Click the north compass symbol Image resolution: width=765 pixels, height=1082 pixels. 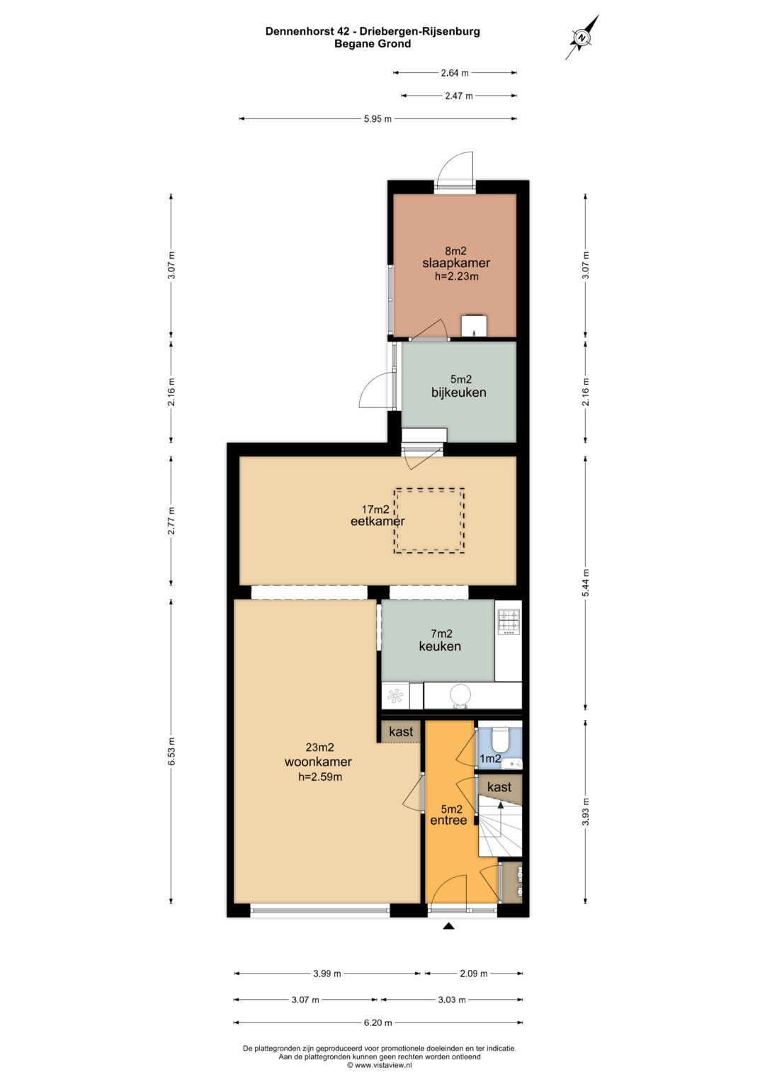(x=582, y=37)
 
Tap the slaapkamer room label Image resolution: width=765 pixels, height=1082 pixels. (x=456, y=264)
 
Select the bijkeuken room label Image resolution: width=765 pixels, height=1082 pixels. (x=458, y=393)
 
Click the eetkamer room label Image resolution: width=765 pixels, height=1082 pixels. (x=377, y=522)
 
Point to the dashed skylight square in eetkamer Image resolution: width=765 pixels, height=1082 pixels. (x=429, y=520)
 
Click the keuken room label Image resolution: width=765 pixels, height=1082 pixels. (x=439, y=646)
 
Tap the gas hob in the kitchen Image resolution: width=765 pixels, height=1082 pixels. (x=509, y=622)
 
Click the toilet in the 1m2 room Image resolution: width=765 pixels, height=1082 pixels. (x=499, y=739)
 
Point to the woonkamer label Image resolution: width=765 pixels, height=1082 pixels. (x=318, y=762)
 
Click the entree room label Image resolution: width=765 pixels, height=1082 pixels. (x=448, y=821)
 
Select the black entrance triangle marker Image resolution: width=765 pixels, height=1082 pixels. (x=449, y=926)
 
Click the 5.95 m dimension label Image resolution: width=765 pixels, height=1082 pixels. (x=378, y=119)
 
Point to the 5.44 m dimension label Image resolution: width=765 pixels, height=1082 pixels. (x=585, y=582)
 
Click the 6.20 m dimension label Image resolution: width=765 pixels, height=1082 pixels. (x=378, y=1022)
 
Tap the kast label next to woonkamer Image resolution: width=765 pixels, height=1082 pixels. (x=401, y=731)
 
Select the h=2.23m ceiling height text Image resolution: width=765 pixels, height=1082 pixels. (x=456, y=276)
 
